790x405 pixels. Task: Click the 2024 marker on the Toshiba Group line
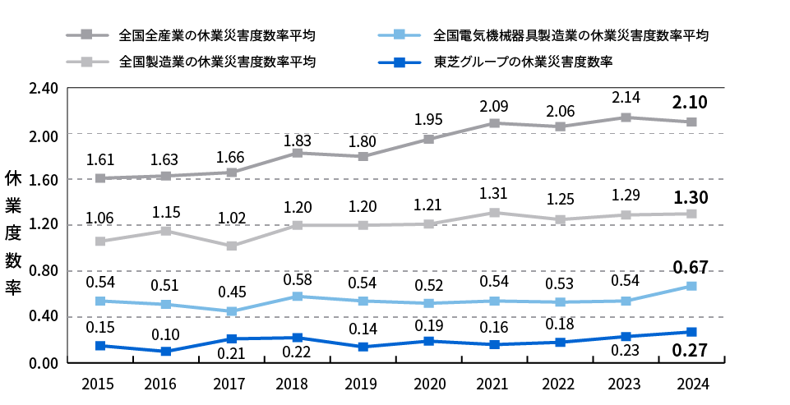691,332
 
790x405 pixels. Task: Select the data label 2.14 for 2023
626,98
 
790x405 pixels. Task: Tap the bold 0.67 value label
691,267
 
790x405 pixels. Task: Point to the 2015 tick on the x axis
99,384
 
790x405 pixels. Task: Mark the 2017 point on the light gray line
232,246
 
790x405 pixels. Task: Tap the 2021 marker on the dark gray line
494,123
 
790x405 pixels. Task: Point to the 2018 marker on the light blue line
297,297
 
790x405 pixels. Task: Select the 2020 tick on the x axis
428,384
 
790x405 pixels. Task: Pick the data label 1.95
428,119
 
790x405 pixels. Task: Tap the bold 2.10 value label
691,102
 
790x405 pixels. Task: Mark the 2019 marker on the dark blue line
363,347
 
